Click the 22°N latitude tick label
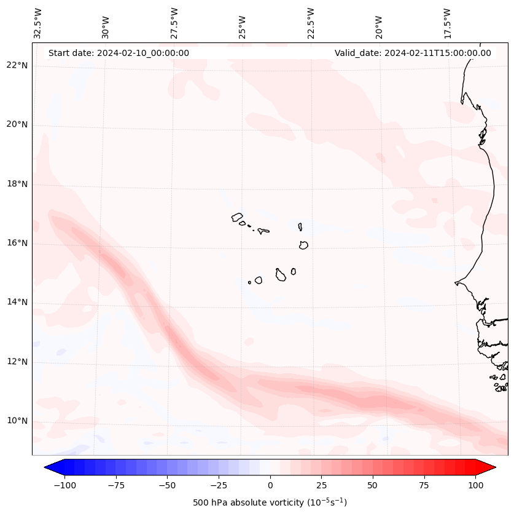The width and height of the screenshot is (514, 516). [x=17, y=66]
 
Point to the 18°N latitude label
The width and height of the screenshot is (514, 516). [x=17, y=184]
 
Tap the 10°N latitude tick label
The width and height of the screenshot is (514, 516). [x=17, y=421]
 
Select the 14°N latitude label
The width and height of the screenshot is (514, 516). [x=17, y=302]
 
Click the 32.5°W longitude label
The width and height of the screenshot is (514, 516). [x=38, y=23]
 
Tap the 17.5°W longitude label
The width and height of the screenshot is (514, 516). [x=447, y=23]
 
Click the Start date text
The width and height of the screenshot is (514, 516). [x=119, y=53]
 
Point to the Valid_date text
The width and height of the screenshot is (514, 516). [x=413, y=53]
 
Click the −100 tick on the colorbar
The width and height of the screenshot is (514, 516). [x=64, y=485]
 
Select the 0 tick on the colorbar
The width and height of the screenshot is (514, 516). [x=270, y=485]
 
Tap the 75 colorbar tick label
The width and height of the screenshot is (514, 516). [x=424, y=485]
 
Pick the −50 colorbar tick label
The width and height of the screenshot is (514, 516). [x=167, y=485]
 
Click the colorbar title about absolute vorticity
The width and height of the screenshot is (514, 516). [x=270, y=502]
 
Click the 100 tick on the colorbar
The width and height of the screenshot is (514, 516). [x=475, y=485]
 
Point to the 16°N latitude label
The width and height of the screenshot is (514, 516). [x=17, y=243]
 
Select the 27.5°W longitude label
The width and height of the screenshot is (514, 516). [x=174, y=23]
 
